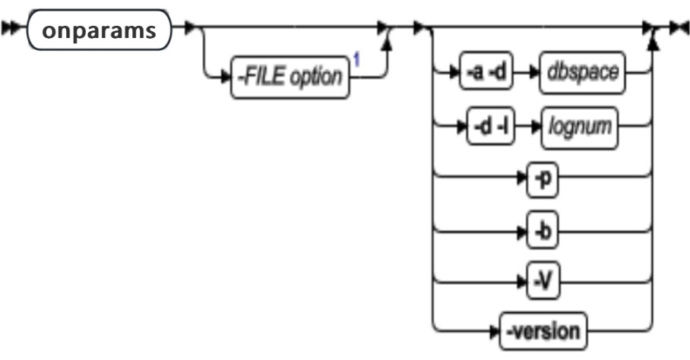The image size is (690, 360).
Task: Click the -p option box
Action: pos(542,182)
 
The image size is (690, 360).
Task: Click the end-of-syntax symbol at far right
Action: pos(678,30)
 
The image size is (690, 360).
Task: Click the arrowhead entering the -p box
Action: pos(524,182)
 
